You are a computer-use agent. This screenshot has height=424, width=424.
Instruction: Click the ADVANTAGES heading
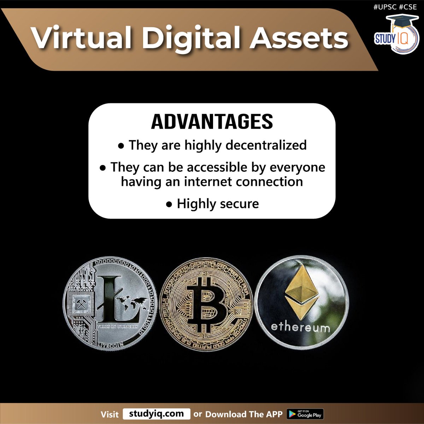(212, 122)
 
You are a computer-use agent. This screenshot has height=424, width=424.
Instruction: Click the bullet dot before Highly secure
(170, 204)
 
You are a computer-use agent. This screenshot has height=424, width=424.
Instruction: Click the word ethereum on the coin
(300, 327)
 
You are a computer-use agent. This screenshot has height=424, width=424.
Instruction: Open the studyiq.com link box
(156, 414)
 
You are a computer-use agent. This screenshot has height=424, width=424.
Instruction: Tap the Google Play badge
(305, 414)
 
